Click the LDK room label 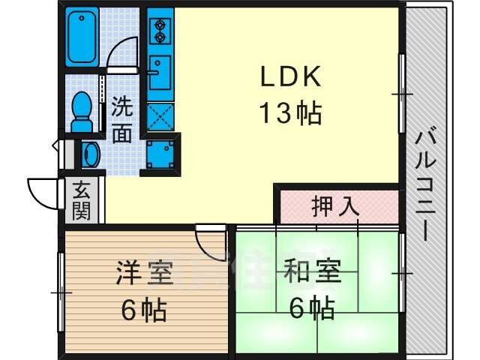291,78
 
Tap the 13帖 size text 291,114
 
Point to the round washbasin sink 90,154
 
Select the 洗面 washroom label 123,120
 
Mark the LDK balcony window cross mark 402,94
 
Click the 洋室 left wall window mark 58,288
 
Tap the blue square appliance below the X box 160,153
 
